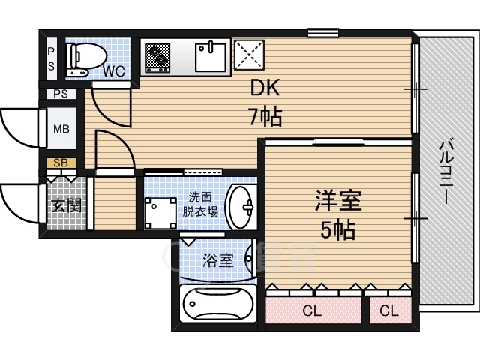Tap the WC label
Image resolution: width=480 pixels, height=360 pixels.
(x=114, y=71)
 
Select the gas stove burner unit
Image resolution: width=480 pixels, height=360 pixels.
(x=157, y=58)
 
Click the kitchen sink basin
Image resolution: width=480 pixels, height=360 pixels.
(x=211, y=57)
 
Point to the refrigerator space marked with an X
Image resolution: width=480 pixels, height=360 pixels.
(x=249, y=55)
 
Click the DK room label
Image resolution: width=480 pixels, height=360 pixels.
(x=265, y=88)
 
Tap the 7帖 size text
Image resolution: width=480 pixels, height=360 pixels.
(x=265, y=117)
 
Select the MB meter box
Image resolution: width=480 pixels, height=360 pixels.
(x=61, y=128)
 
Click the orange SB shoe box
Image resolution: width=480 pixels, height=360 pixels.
(x=61, y=163)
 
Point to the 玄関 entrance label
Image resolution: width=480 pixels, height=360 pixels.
(x=67, y=205)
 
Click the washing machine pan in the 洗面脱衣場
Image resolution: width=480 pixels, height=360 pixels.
(x=160, y=213)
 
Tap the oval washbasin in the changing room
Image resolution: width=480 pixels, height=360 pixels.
(x=241, y=207)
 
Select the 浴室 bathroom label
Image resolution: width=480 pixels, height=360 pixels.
(x=218, y=261)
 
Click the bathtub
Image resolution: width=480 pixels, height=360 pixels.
(x=218, y=303)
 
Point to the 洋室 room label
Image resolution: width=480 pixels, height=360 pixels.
(x=338, y=200)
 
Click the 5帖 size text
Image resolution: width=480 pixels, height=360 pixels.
(x=338, y=229)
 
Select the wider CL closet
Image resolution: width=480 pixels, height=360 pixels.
(x=313, y=310)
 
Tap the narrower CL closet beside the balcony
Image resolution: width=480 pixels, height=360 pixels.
(x=390, y=310)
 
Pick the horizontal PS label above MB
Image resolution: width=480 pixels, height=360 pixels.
(x=61, y=93)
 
